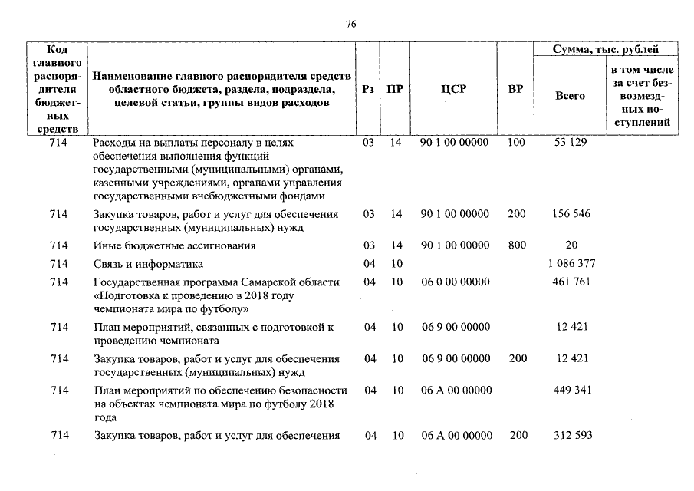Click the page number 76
click(350, 24)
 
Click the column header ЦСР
click(454, 90)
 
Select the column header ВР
click(515, 90)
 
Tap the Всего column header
click(569, 96)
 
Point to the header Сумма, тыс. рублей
click(606, 49)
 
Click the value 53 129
click(569, 143)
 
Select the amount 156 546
click(571, 213)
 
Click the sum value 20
click(571, 245)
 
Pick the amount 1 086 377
click(570, 264)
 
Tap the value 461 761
click(571, 282)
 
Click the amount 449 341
click(571, 390)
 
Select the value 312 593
click(572, 436)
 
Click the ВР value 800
click(517, 245)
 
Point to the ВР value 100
click(517, 143)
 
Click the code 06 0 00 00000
click(456, 282)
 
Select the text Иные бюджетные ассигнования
click(174, 245)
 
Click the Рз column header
click(368, 90)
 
